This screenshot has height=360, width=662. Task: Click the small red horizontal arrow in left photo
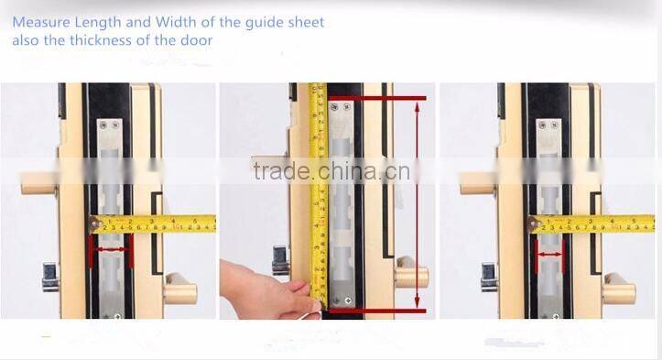[x=111, y=248]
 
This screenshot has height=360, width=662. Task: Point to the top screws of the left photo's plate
[x=111, y=125]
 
